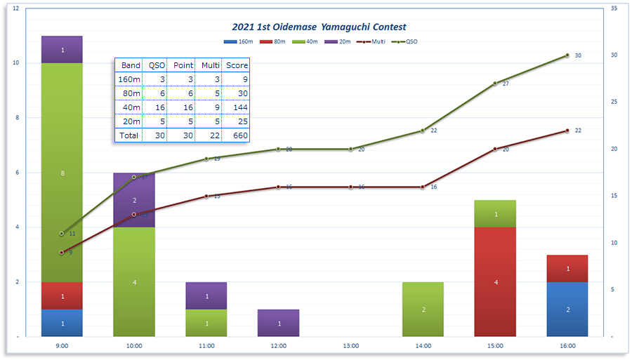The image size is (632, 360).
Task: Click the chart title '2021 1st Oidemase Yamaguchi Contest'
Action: click(319, 27)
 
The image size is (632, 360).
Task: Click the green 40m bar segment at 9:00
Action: click(62, 173)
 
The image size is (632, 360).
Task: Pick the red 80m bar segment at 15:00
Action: click(495, 282)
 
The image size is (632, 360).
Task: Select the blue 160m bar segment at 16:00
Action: click(567, 309)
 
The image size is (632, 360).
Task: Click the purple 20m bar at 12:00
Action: click(278, 324)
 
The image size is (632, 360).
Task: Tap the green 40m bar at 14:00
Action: click(423, 309)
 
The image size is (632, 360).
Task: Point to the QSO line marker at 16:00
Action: click(567, 55)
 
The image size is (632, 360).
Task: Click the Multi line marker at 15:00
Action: click(495, 149)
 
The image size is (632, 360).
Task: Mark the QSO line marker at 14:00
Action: click(423, 131)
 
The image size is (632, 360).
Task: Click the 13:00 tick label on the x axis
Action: click(350, 346)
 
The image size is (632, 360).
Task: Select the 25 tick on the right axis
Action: click(613, 102)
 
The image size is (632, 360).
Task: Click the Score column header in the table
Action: click(237, 65)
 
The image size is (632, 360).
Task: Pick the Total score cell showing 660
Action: click(237, 135)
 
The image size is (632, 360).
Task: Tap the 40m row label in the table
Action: click(129, 107)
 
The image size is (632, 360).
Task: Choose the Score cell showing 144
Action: click(237, 107)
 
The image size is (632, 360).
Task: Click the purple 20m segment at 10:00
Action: click(134, 200)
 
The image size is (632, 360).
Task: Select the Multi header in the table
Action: click(210, 65)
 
